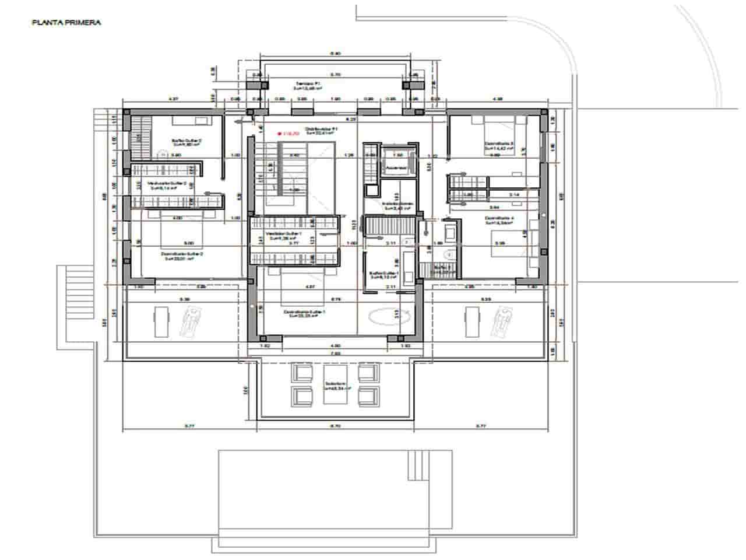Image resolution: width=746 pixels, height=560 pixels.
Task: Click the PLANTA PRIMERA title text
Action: [66, 23]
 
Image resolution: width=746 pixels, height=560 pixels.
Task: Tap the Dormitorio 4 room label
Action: [500, 220]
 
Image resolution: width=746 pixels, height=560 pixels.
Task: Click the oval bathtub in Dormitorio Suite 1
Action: [387, 316]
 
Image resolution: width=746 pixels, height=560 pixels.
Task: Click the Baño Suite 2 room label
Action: [185, 142]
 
